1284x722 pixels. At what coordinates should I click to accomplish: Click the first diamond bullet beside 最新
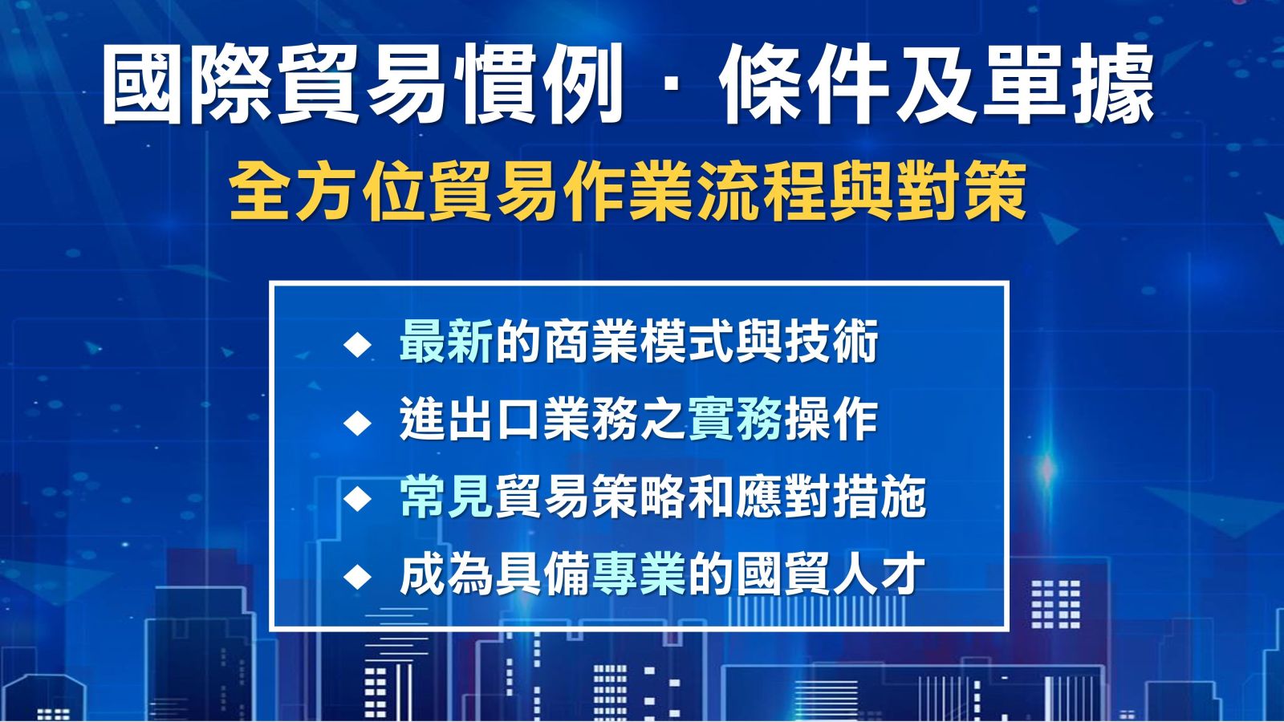click(357, 346)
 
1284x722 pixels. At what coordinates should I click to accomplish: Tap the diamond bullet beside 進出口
click(357, 423)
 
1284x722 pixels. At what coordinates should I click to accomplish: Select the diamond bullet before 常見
click(357, 499)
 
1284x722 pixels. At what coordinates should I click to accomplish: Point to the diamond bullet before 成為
click(357, 577)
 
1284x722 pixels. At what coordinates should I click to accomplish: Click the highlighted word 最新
click(446, 343)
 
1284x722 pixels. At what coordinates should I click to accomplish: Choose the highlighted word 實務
click(735, 420)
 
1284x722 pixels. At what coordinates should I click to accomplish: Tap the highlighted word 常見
click(446, 497)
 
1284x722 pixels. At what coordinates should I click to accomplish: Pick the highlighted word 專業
click(639, 574)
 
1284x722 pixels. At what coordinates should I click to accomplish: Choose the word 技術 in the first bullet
click(831, 343)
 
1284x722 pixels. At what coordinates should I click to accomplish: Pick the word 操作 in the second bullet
click(831, 420)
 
